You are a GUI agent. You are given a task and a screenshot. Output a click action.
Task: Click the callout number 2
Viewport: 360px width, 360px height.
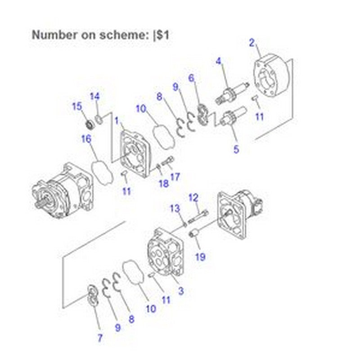(252, 43)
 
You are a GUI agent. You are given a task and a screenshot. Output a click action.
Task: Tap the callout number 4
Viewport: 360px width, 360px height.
(219, 61)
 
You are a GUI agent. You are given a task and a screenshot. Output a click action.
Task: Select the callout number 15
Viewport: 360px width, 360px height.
(77, 106)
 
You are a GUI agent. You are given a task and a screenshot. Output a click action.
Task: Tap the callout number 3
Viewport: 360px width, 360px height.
(181, 291)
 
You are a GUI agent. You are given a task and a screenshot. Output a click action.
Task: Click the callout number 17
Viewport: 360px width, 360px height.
(175, 176)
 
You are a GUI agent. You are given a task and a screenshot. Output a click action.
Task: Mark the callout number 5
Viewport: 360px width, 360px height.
(236, 149)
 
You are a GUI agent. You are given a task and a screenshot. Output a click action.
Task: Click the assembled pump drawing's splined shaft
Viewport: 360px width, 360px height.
(39, 203)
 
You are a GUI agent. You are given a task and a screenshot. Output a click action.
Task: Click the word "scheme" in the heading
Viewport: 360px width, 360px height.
(123, 35)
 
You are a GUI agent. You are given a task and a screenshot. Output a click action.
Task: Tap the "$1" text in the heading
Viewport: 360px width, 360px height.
(162, 35)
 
